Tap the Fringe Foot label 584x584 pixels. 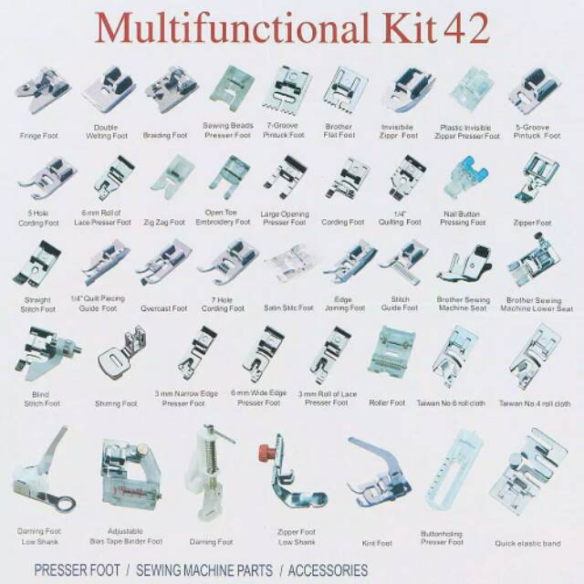tap(39, 135)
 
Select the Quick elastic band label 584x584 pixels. tap(527, 542)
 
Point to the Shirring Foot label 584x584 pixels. tap(116, 402)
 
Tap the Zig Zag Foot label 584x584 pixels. tap(164, 222)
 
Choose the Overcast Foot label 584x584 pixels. tap(163, 308)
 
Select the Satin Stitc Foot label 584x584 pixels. tap(288, 308)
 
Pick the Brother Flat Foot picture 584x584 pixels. tap(344, 89)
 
